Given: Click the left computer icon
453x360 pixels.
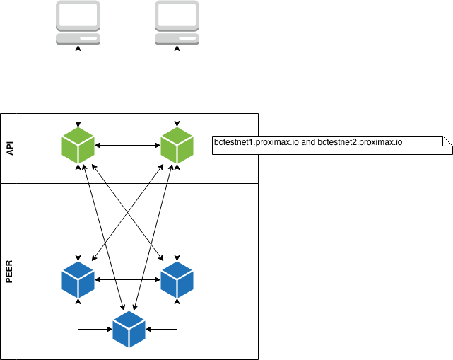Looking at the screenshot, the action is (78, 23).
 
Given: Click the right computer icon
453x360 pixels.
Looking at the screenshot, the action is (177, 23).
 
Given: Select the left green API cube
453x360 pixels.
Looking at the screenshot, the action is (78, 146).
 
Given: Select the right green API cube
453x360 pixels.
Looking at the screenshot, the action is (177, 146).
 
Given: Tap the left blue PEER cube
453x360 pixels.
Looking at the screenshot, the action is (78, 280).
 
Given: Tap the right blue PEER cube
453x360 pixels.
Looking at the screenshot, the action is (177, 280).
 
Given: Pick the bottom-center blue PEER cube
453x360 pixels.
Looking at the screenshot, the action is (129, 329).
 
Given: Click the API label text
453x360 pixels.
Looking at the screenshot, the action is (10, 149).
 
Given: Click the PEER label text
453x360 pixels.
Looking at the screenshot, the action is (9, 272).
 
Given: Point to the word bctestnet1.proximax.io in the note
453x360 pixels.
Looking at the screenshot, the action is (257, 142).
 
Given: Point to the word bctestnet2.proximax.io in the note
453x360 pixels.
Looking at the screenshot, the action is (360, 142).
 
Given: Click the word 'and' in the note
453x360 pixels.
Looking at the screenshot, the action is (308, 142).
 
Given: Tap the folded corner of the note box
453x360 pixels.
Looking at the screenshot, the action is (447, 141).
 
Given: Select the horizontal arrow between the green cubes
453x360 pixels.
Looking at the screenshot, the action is (127, 146).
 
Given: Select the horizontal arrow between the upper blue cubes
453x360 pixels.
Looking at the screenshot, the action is (127, 280).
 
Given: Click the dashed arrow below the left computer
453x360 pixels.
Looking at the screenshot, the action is (78, 86).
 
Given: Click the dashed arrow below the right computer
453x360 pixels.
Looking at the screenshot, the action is (177, 86).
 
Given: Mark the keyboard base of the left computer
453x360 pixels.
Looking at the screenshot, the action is (78, 39).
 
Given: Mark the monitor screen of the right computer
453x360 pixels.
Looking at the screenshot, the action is (177, 14).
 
